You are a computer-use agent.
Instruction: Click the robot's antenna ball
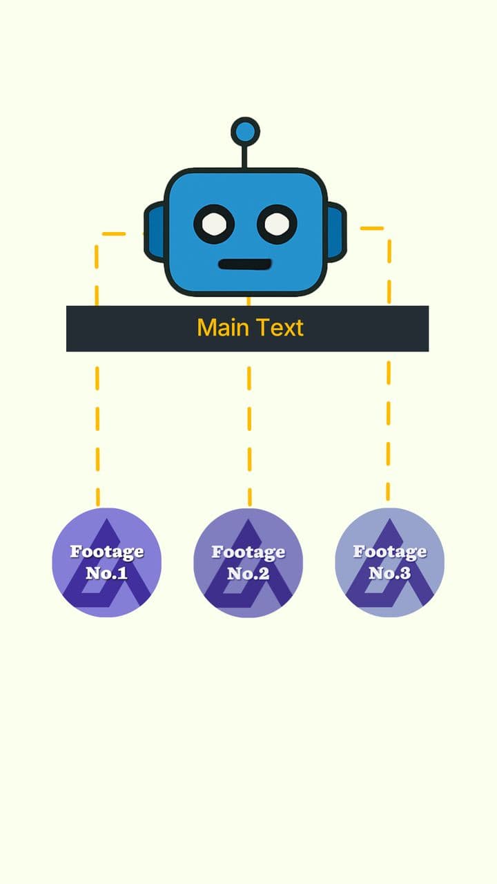click(245, 131)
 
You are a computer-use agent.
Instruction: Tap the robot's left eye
click(214, 224)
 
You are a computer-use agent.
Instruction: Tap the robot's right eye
click(277, 224)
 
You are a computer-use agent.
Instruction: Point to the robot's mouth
click(245, 264)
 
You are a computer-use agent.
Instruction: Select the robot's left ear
click(154, 231)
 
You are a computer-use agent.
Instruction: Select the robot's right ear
click(336, 231)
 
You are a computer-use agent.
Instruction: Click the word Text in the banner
click(279, 327)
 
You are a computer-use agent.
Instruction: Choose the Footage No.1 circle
click(107, 562)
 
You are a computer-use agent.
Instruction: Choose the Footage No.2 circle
click(248, 562)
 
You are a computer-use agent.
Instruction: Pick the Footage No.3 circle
click(389, 562)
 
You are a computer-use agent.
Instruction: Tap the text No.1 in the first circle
click(107, 573)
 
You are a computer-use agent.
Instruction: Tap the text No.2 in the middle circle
click(248, 573)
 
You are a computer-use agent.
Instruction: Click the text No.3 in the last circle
click(389, 573)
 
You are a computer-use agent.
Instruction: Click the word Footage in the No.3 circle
click(389, 551)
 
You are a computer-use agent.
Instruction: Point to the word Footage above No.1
click(107, 551)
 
